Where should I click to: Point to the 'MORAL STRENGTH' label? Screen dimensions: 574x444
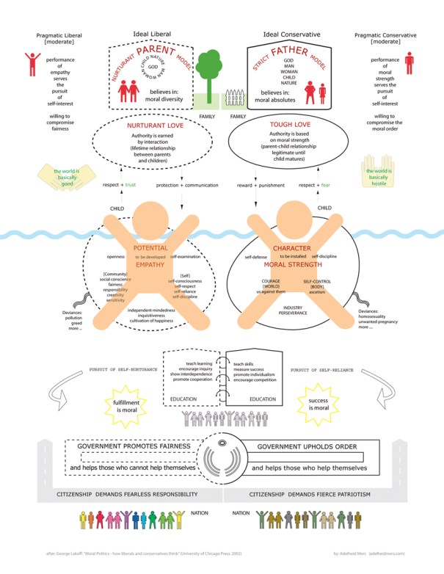293,264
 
